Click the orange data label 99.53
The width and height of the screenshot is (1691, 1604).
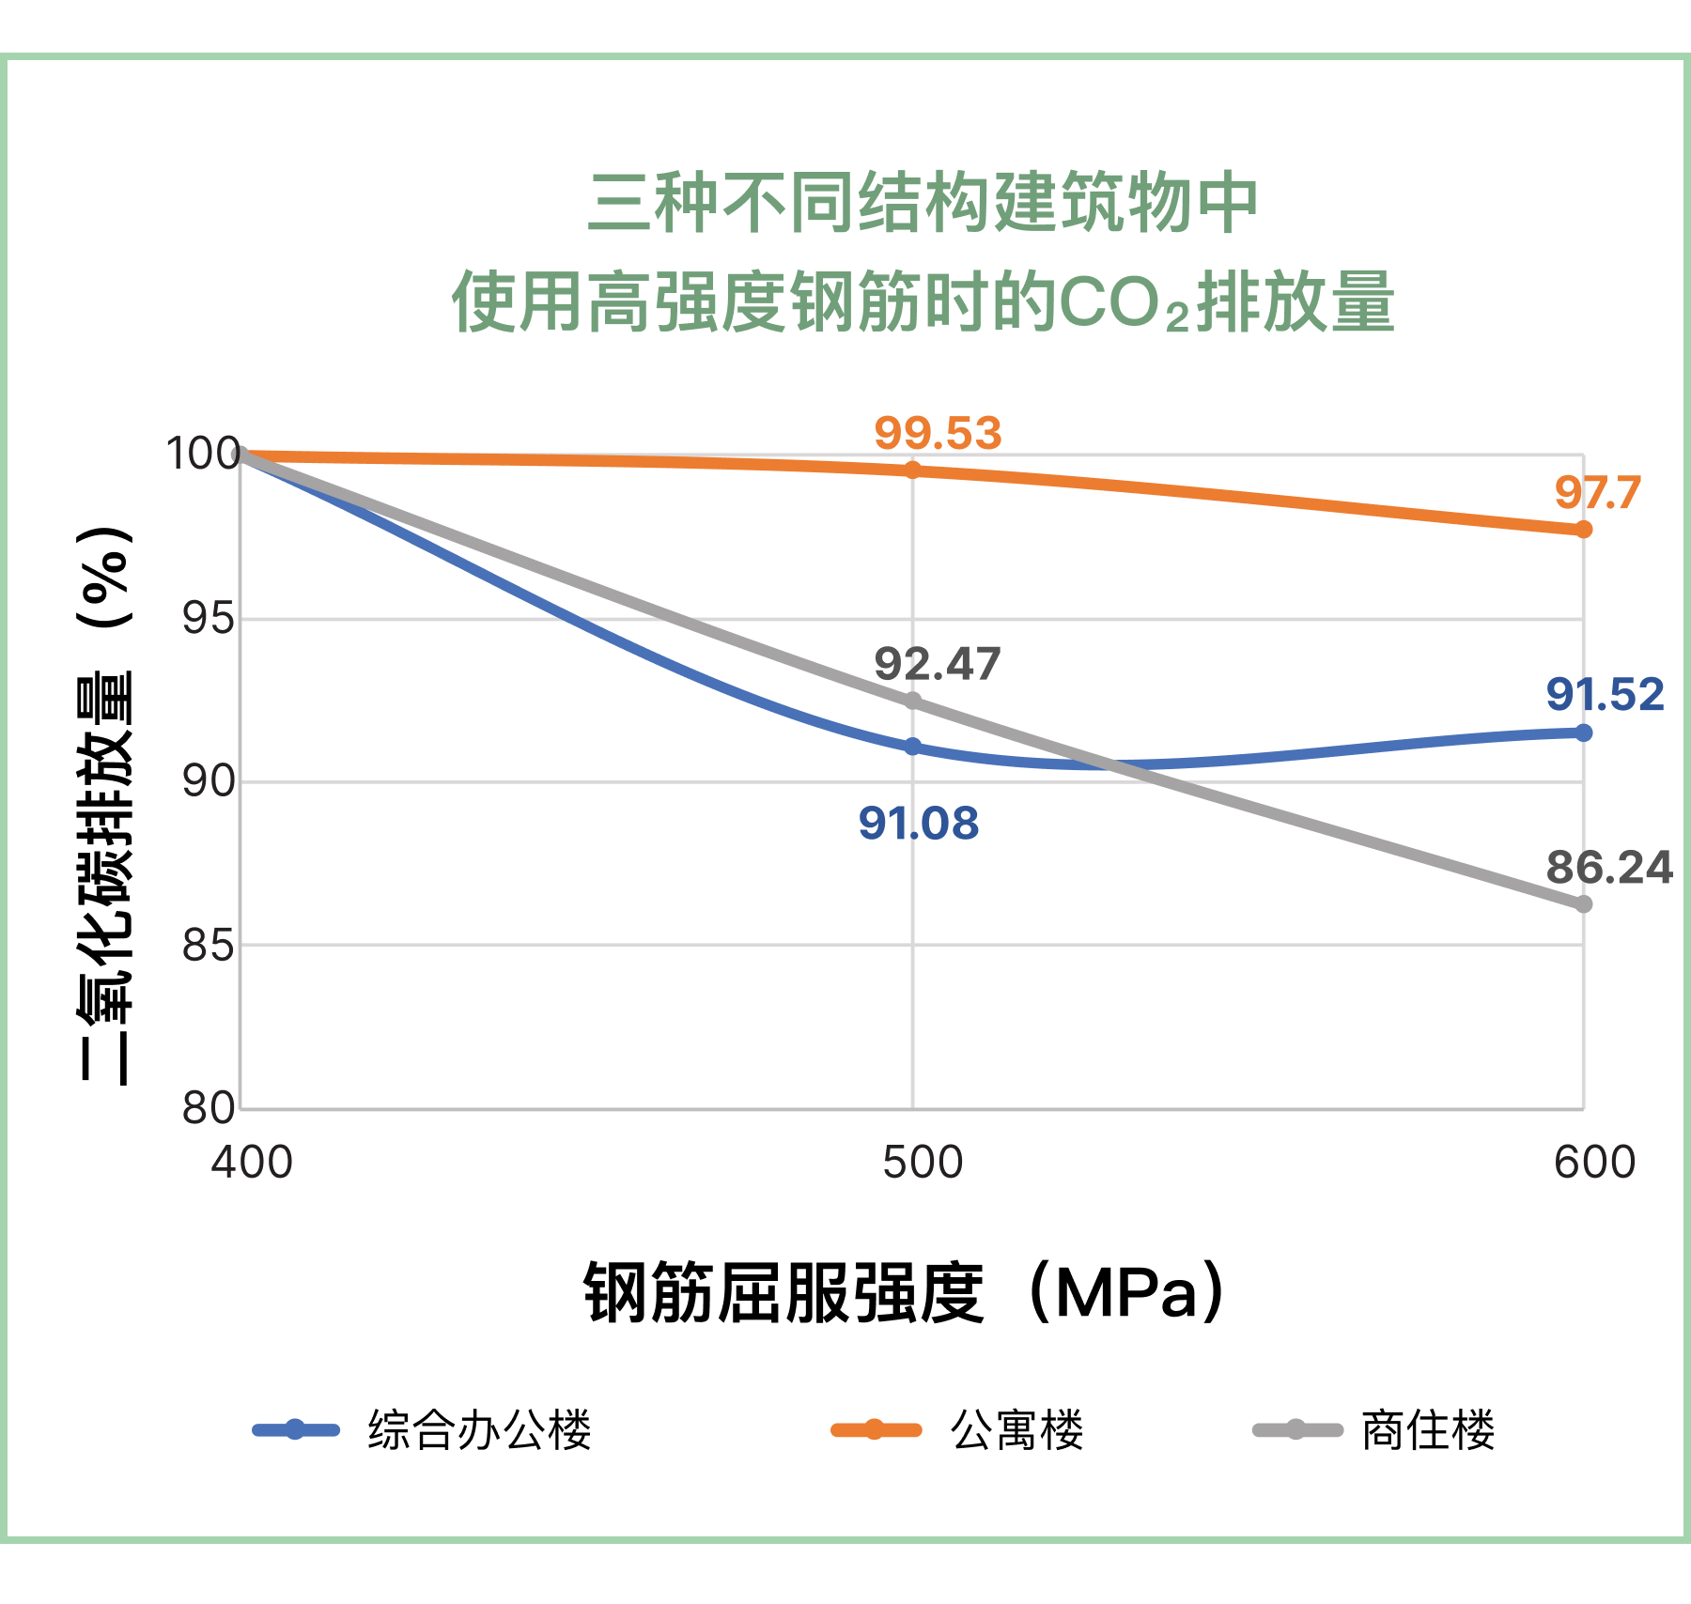pyautogui.click(x=938, y=434)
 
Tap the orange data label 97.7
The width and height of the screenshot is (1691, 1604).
pyautogui.click(x=1597, y=493)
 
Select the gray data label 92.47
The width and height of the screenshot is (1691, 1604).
pyautogui.click(x=937, y=665)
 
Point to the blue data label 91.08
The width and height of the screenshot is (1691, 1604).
pyautogui.click(x=918, y=824)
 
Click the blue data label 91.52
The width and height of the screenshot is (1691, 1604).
pyautogui.click(x=1605, y=695)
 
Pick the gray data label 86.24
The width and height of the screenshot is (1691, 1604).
pyautogui.click(x=1609, y=868)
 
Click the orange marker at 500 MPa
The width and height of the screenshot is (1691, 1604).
pyautogui.click(x=912, y=470)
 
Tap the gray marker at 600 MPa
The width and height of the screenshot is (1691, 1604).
pyautogui.click(x=1583, y=904)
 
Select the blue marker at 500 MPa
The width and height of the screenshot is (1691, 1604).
pyautogui.click(x=912, y=747)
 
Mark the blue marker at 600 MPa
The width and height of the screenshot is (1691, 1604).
pyautogui.click(x=1583, y=733)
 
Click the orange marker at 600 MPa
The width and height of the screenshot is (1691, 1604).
pyautogui.click(x=1583, y=530)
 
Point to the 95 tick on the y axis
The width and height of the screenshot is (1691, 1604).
pyautogui.click(x=209, y=619)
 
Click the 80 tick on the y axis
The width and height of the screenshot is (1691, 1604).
pyautogui.click(x=209, y=1108)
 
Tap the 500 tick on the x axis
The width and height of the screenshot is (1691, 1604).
pyautogui.click(x=923, y=1163)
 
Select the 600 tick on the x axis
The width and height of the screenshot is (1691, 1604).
pyautogui.click(x=1594, y=1163)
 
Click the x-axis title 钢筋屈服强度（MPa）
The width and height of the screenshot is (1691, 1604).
pyautogui.click(x=906, y=1293)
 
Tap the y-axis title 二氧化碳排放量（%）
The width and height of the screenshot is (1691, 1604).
pyautogui.click(x=105, y=806)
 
